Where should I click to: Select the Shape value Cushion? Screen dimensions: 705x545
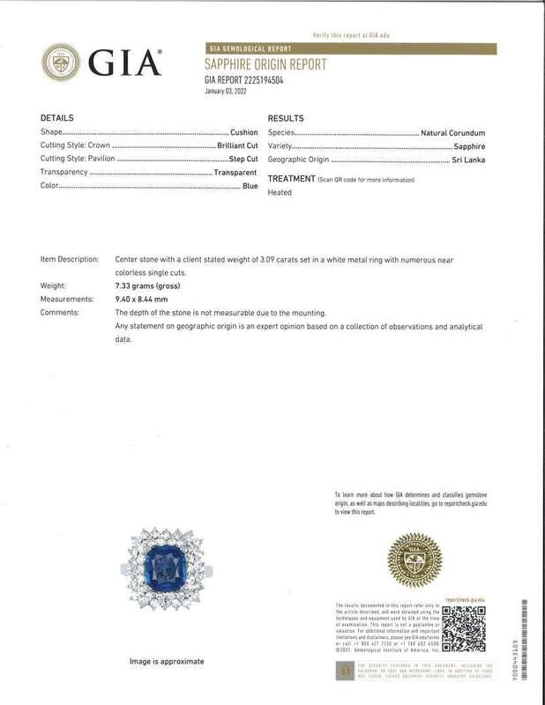(x=243, y=132)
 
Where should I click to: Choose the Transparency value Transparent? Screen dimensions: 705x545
(x=235, y=173)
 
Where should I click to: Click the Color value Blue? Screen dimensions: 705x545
(x=250, y=187)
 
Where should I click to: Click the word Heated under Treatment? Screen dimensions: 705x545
(x=279, y=192)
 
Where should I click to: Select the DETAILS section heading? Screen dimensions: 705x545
(x=58, y=117)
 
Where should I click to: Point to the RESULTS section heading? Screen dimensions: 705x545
(x=285, y=117)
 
